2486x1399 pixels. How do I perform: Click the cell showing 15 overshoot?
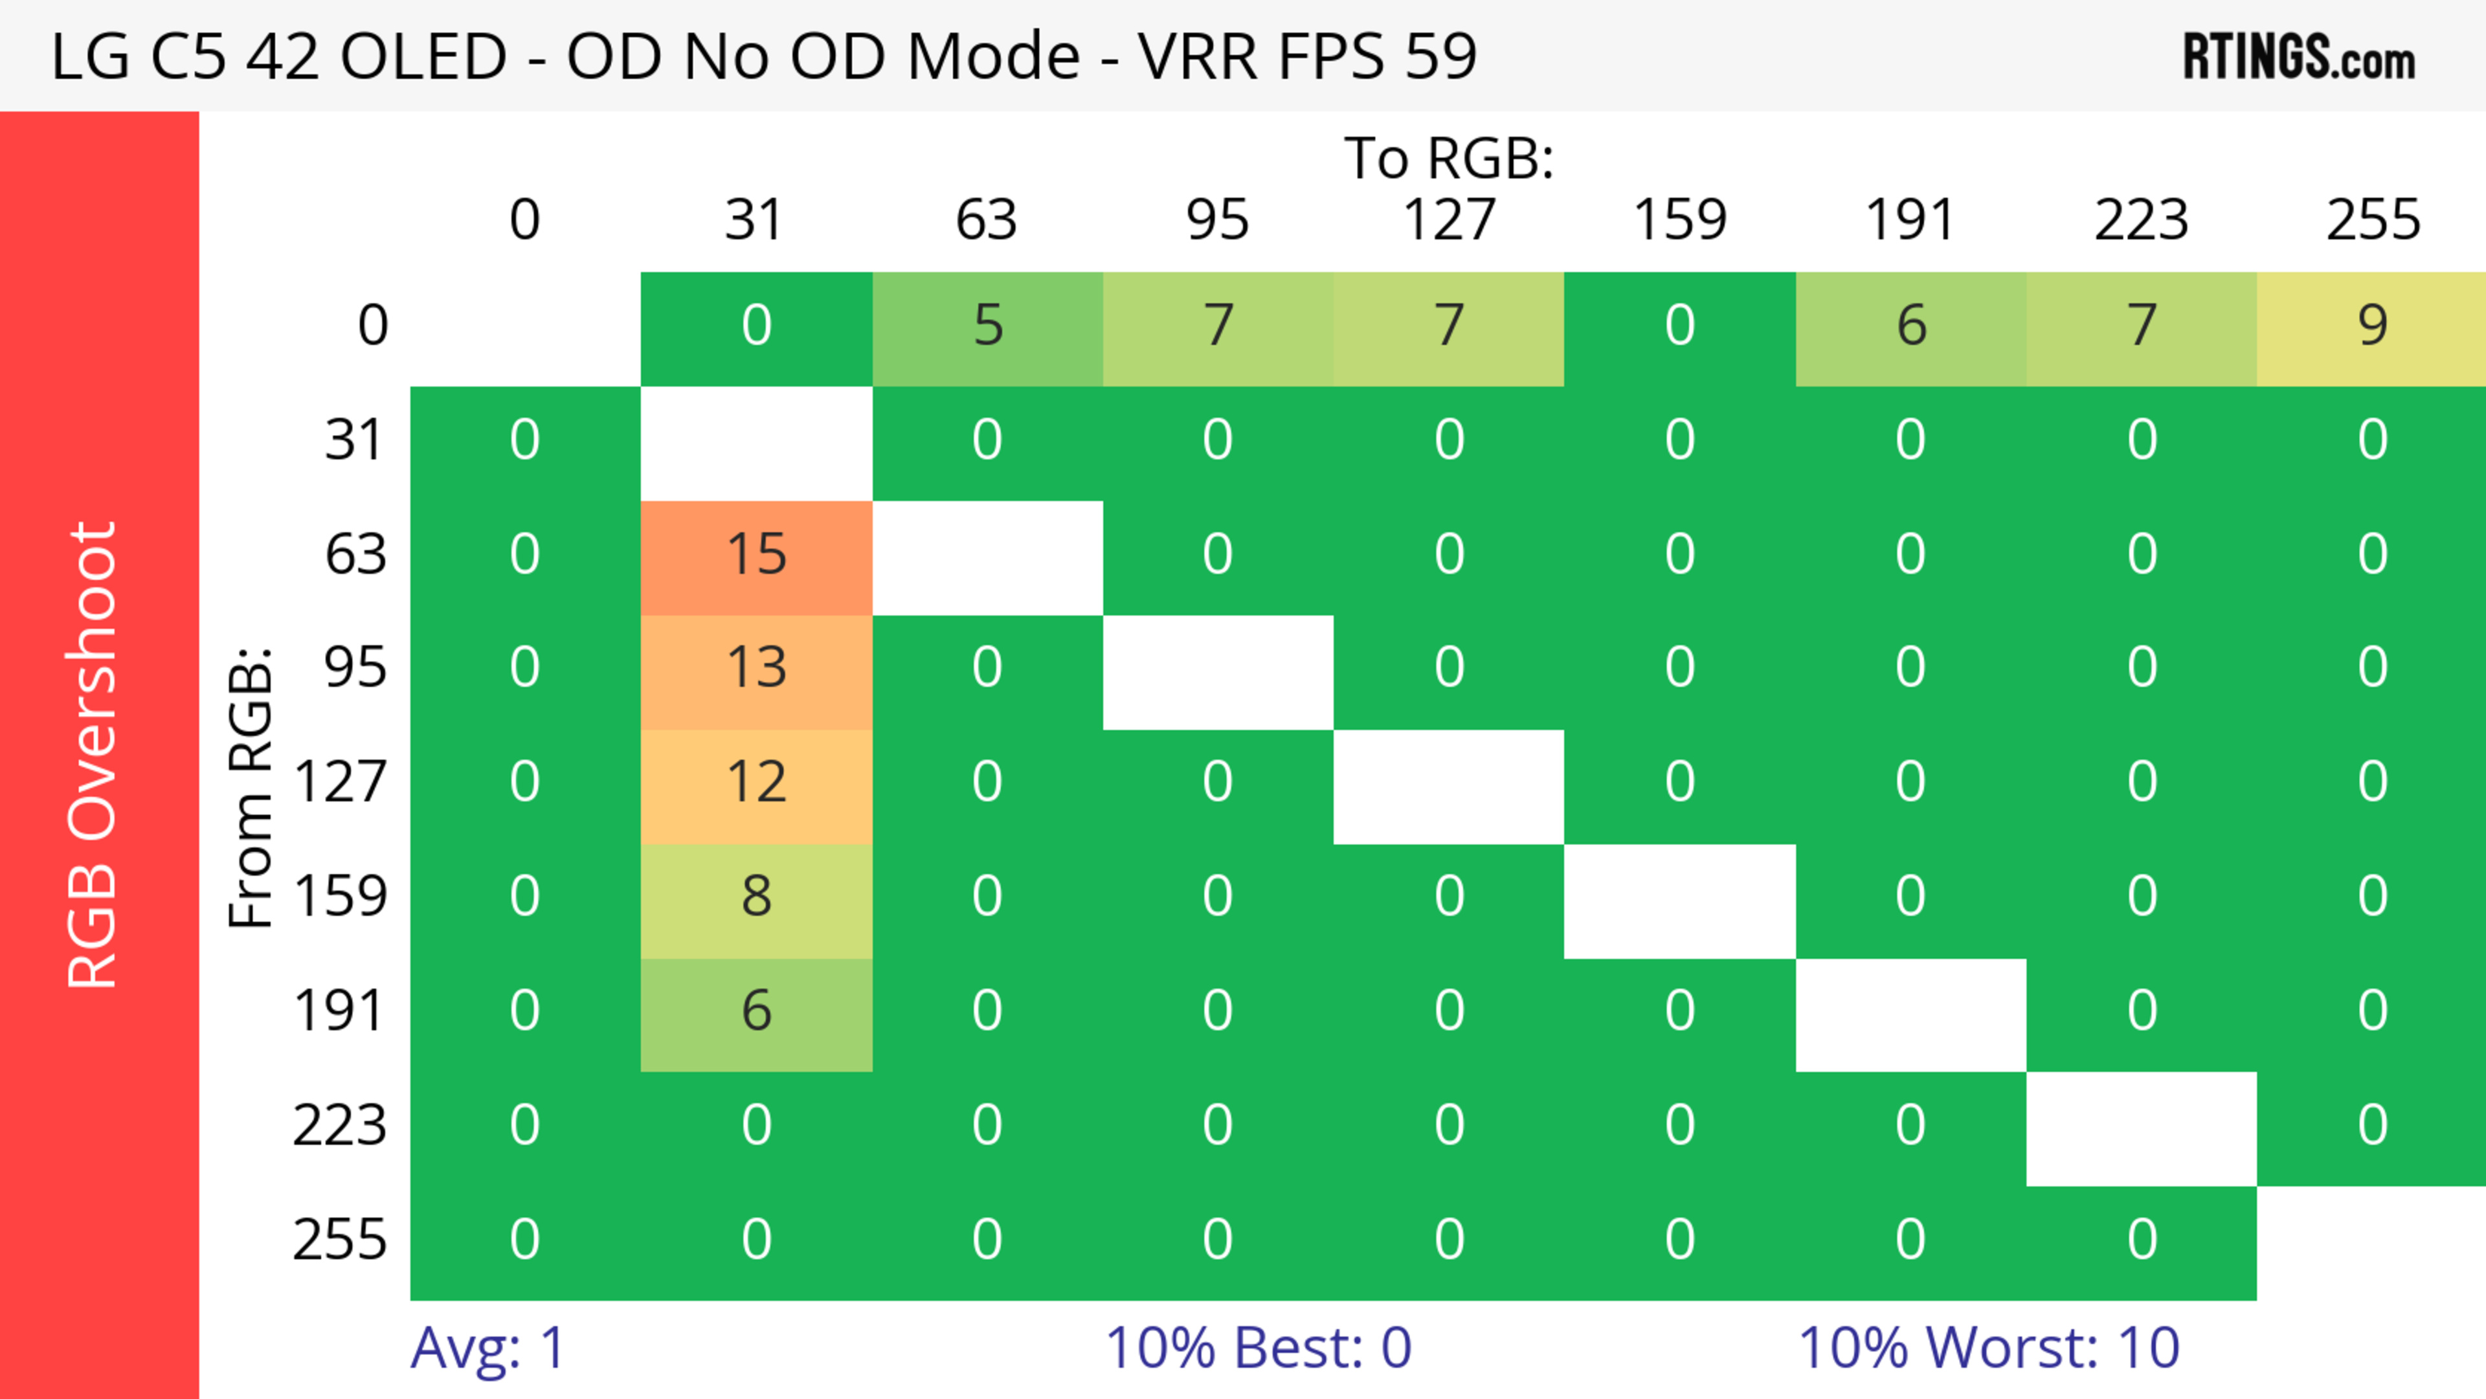click(757, 555)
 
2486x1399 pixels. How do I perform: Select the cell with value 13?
click(757, 669)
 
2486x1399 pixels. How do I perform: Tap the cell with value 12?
click(757, 783)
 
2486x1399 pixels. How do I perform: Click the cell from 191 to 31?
click(757, 1012)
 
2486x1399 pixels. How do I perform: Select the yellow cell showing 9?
click(2371, 327)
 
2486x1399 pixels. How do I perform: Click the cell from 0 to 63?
click(987, 327)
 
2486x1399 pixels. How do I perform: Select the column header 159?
click(1679, 220)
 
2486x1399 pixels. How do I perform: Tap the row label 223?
click(340, 1126)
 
